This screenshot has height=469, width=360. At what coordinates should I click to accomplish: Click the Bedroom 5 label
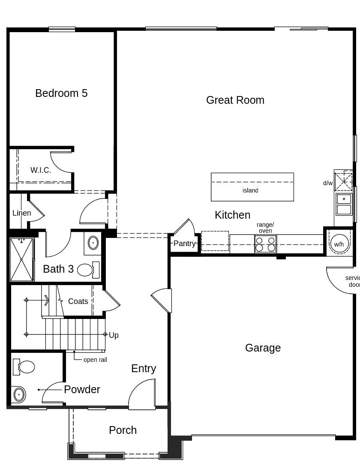tap(61, 93)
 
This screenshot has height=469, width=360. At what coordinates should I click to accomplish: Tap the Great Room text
tap(235, 100)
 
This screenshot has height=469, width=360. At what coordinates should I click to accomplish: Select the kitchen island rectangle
tap(252, 187)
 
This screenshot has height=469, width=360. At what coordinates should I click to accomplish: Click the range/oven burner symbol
tap(265, 244)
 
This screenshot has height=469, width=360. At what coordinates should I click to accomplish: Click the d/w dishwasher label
tap(328, 183)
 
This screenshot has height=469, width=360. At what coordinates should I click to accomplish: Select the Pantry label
tap(184, 244)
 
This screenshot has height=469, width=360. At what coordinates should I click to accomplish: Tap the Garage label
tap(263, 348)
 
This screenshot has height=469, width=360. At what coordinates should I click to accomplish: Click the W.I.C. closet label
tap(41, 170)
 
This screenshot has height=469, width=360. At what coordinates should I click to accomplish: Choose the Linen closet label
tap(21, 213)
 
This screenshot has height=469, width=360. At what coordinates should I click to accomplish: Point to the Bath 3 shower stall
tap(21, 259)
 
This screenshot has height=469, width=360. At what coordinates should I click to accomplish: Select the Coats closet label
tap(78, 301)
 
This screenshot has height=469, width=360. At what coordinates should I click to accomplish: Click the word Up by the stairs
tap(114, 335)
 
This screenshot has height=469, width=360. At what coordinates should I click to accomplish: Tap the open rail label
tap(95, 360)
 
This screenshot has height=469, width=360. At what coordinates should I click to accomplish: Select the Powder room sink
tap(19, 394)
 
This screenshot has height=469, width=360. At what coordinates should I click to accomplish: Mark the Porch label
tap(123, 430)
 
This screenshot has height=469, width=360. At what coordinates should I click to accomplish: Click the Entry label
tap(144, 368)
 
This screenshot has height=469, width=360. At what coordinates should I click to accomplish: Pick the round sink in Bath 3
tap(93, 243)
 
